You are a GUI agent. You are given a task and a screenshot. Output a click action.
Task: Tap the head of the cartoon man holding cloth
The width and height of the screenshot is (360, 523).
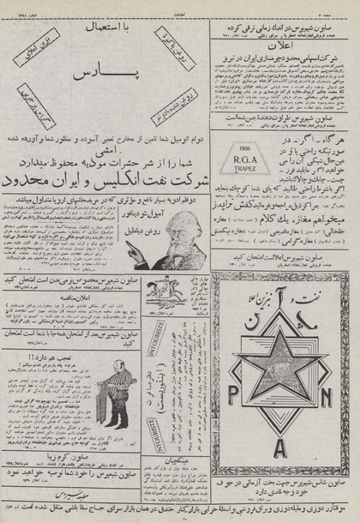(x=25, y=403)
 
